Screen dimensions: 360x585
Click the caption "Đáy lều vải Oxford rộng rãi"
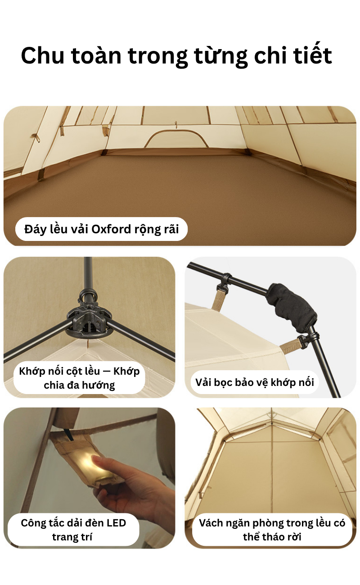tap(102, 229)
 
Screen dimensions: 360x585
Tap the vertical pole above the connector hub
tap(88, 277)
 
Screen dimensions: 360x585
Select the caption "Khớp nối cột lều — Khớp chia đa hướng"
tap(79, 378)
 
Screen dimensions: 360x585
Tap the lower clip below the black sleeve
tap(308, 340)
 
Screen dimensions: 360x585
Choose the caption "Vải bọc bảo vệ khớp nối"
tap(255, 382)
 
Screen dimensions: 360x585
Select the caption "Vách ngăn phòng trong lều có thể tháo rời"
tap(272, 530)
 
